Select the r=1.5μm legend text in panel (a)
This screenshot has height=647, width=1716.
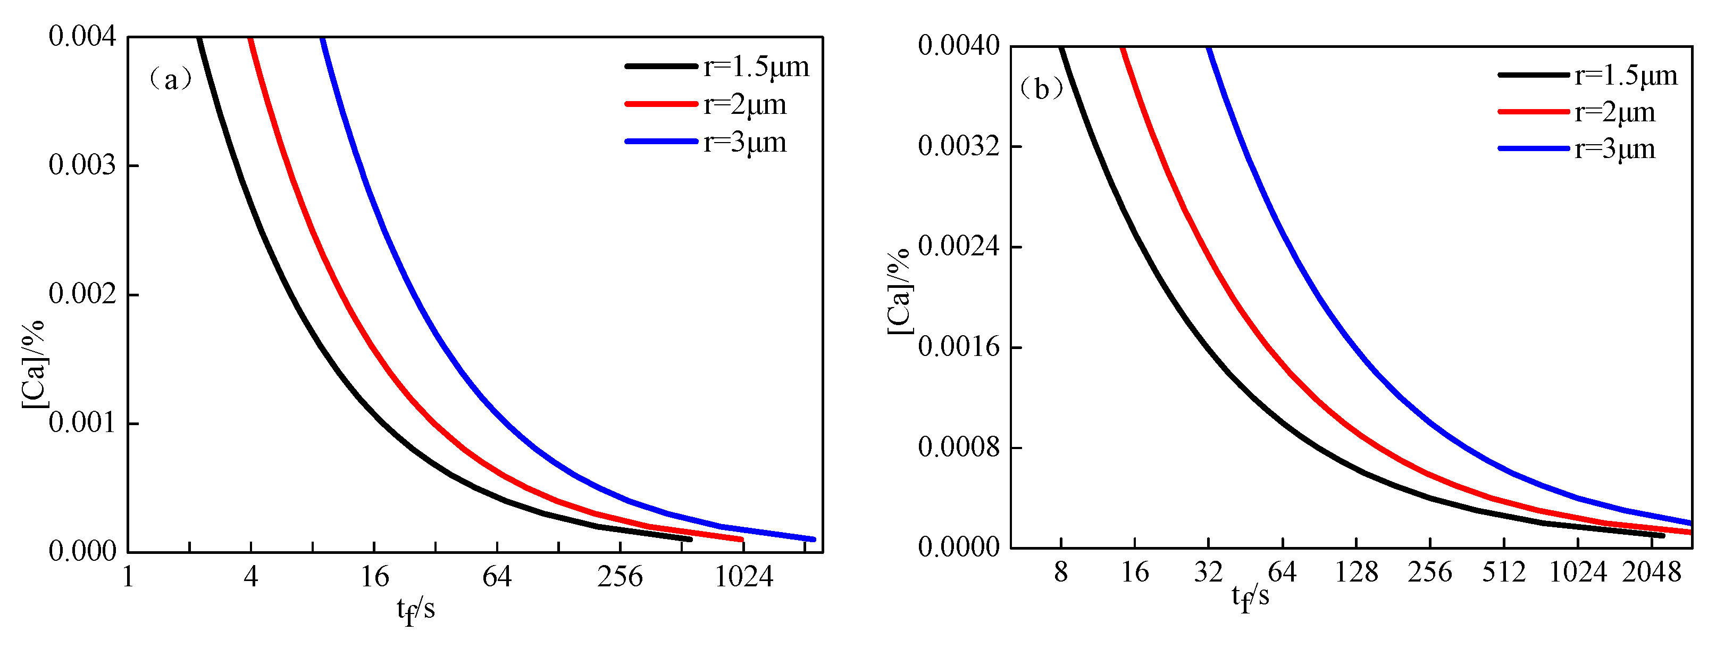[x=756, y=67]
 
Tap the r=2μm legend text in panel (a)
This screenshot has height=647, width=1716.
[x=745, y=105]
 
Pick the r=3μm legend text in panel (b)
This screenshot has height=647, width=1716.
[x=1615, y=148]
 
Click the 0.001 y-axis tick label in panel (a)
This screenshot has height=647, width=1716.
[x=82, y=422]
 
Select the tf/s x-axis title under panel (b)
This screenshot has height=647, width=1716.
[x=1250, y=597]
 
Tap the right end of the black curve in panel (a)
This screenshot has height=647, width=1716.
[x=690, y=538]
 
